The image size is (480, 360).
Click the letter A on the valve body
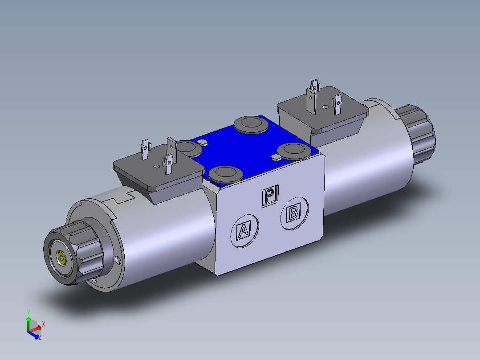[243, 231]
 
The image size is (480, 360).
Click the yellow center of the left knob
[61, 258]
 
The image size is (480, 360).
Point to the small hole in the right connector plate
[325, 106]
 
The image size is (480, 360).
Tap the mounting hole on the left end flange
[118, 260]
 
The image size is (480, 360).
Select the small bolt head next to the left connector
[203, 142]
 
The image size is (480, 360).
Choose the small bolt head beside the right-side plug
[275, 157]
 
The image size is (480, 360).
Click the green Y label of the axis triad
[28, 312]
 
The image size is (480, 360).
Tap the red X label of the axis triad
[43, 324]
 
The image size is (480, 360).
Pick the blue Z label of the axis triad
[40, 337]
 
